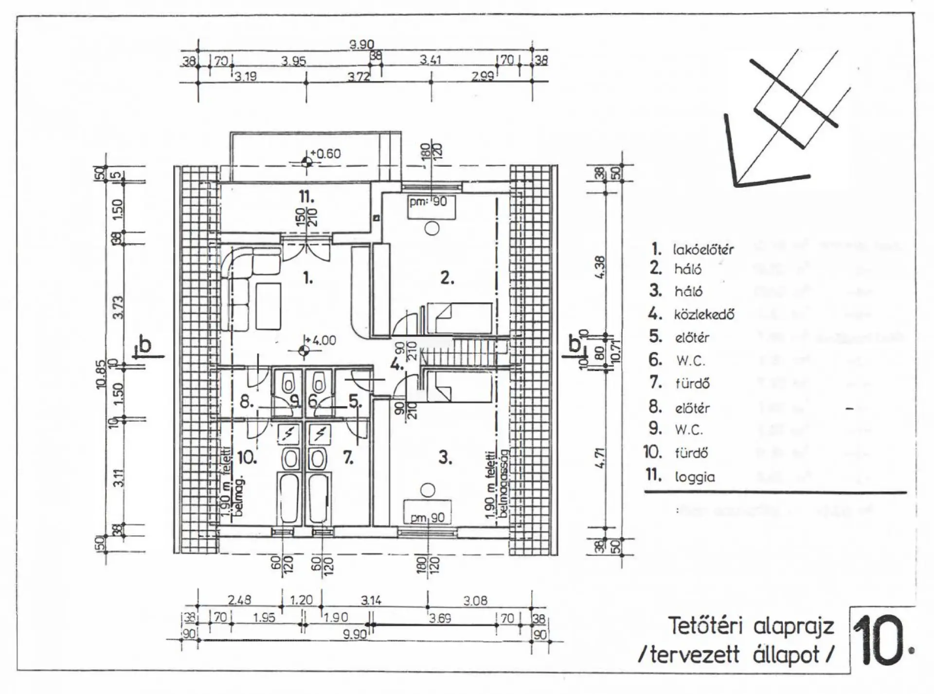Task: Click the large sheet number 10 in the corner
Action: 880,641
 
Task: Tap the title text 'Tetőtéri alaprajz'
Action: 751,626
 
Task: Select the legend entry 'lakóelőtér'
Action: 702,250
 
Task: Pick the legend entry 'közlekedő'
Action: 703,315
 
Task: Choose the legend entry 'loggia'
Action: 694,477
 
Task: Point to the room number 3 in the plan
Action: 445,458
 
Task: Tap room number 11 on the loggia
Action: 306,197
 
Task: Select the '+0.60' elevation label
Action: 325,154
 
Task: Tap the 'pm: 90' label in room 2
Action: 428,201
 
